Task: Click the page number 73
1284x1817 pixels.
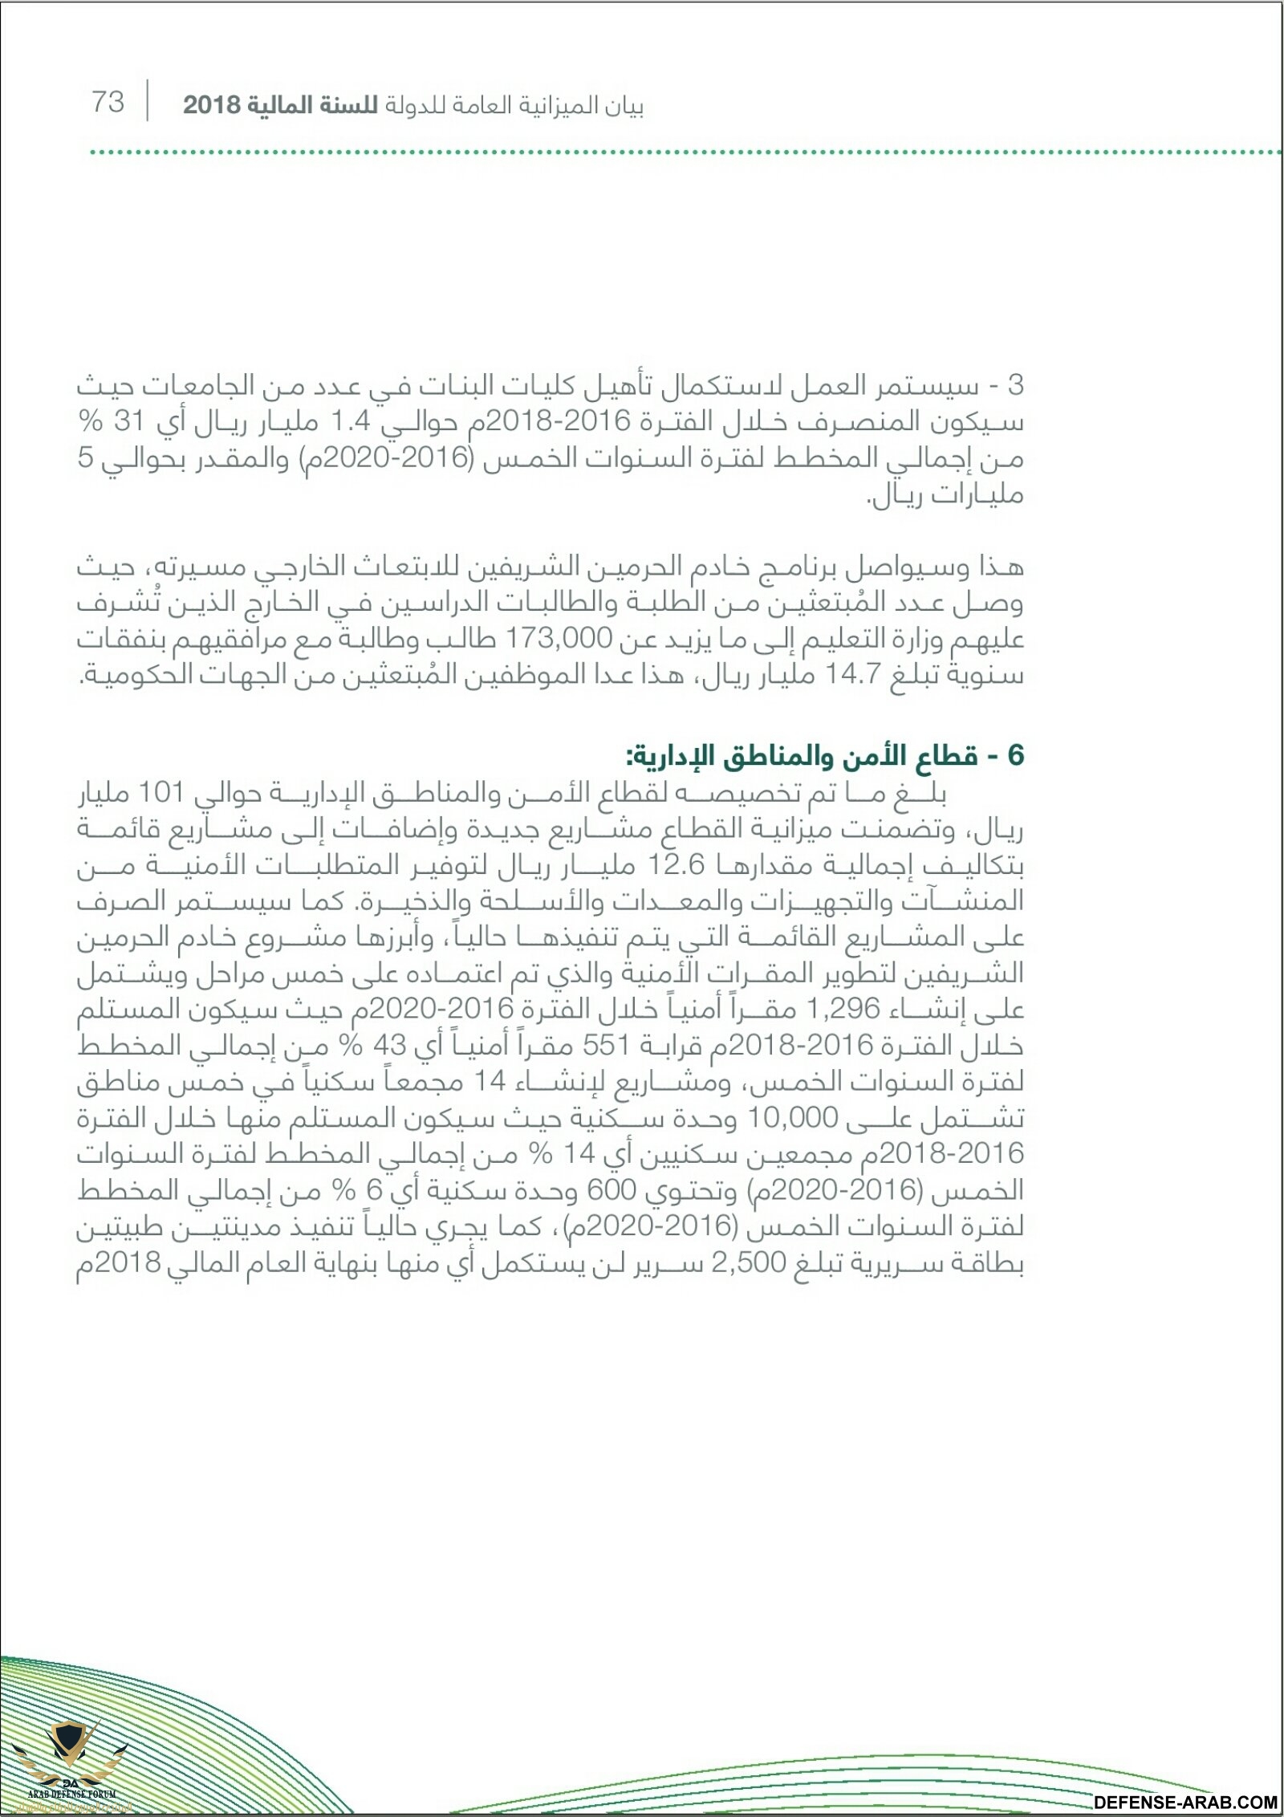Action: coord(108,103)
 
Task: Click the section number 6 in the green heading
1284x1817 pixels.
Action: coord(1016,756)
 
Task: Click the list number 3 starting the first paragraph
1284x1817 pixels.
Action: coord(1016,386)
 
